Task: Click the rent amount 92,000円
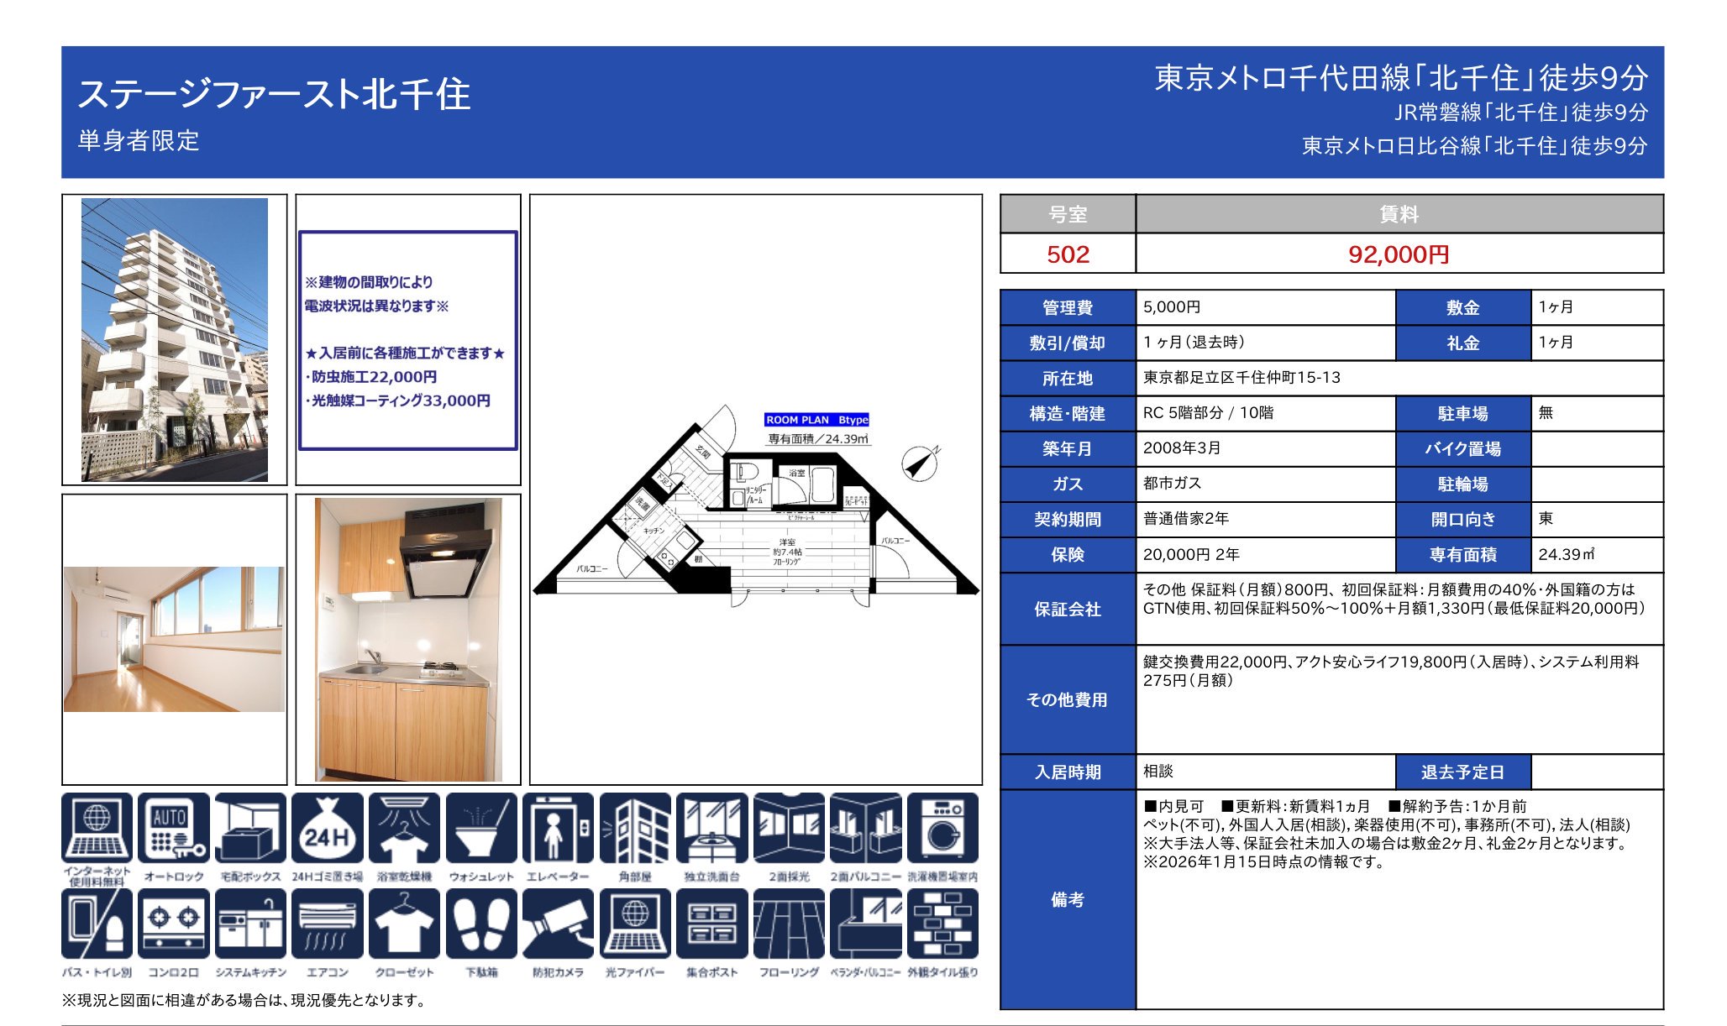pos(1399,254)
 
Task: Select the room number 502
pos(1068,254)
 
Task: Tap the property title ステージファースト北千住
pos(274,94)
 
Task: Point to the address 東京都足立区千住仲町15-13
pos(1241,378)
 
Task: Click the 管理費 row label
pos(1068,308)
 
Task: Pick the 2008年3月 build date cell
pos(1182,448)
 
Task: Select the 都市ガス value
pos(1172,484)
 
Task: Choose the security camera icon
pos(558,924)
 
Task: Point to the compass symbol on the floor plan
pos(921,463)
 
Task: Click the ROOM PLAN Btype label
pos(816,420)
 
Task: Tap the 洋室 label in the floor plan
pos(787,542)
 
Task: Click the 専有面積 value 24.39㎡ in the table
pos(1566,555)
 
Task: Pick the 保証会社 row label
pos(1068,610)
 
